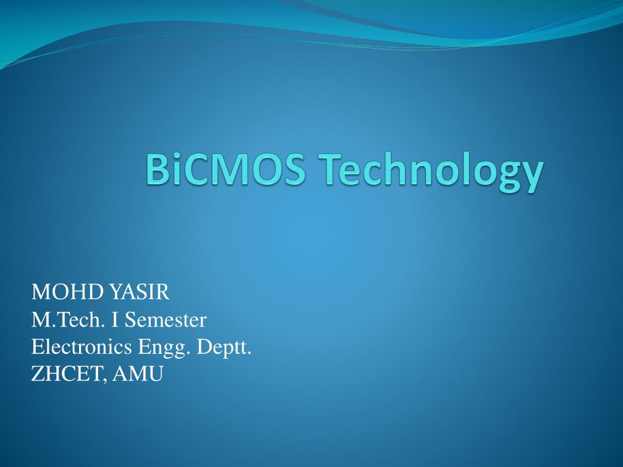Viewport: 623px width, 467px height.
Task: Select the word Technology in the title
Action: coord(429,171)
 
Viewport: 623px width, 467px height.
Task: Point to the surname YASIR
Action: coord(140,292)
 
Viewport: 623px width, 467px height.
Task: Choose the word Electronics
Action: coord(82,347)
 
